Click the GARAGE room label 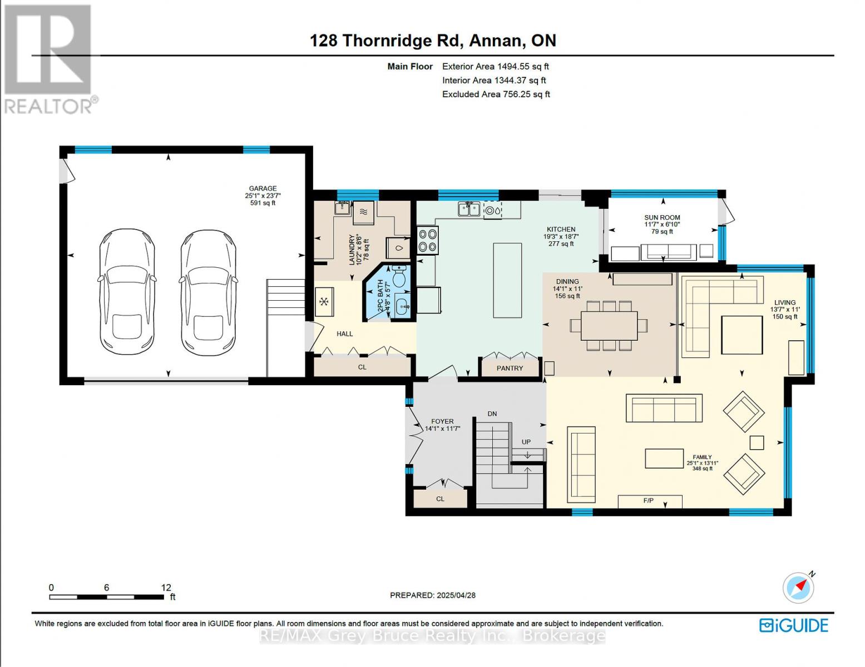pos(262,188)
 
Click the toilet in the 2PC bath pos(399,275)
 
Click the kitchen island pos(507,280)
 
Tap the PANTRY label pos(510,368)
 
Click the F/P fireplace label pos(649,501)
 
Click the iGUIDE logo pos(794,625)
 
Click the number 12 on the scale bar pos(166,588)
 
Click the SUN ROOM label pos(662,218)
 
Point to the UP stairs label pos(526,442)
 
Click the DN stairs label pos(492,414)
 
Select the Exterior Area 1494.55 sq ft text pos(495,66)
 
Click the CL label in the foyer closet pos(440,499)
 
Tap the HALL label pos(344,333)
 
